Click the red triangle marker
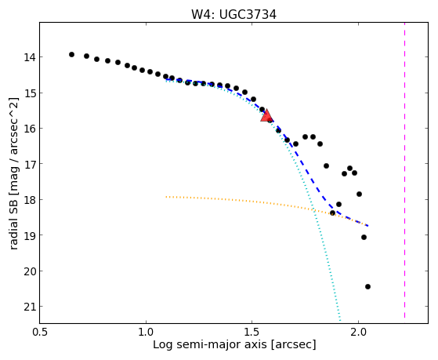tap(266, 116)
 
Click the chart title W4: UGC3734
tap(233, 15)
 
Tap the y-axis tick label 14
tap(30, 57)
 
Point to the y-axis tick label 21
tap(30, 307)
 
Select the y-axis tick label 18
tap(30, 200)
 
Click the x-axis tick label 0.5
tap(40, 332)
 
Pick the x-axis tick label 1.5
tap(252, 332)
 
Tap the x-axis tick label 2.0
tap(358, 332)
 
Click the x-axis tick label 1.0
tap(146, 332)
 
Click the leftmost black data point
tap(71, 55)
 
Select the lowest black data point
tap(367, 286)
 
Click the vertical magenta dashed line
tap(404, 170)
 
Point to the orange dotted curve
tap(266, 202)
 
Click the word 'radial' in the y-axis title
tap(13, 235)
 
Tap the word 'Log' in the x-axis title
tap(162, 345)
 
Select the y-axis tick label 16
tap(30, 129)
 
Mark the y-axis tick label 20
tap(30, 271)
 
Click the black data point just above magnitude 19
tap(364, 237)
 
